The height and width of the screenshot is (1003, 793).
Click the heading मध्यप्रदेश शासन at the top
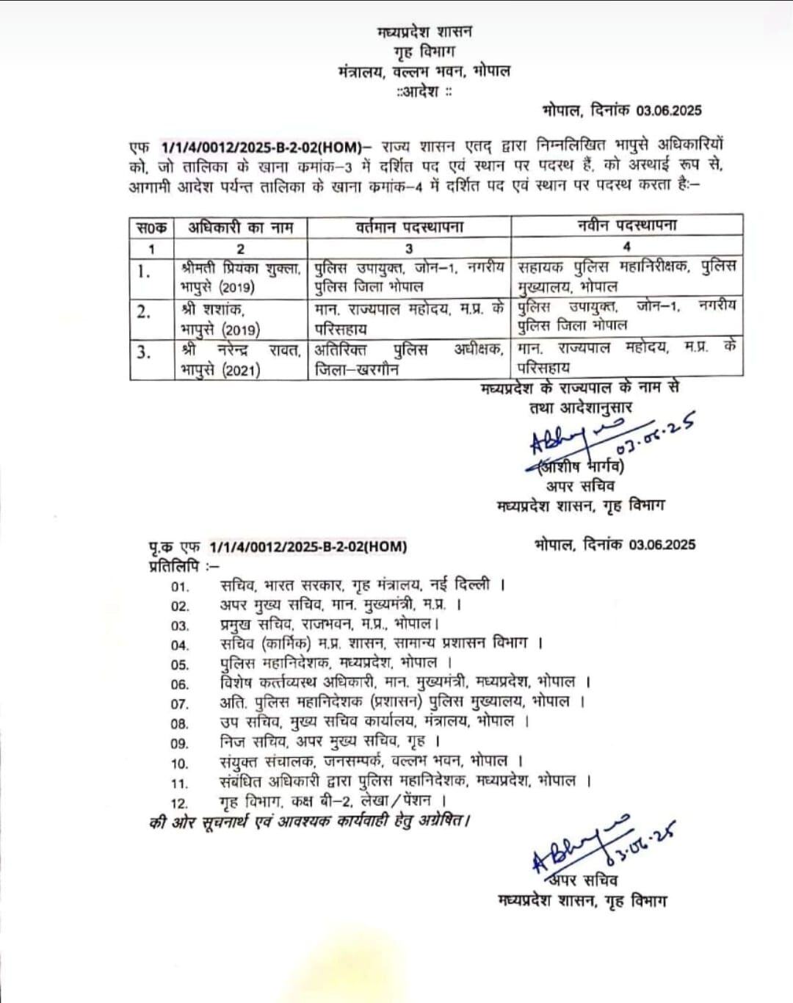(x=424, y=32)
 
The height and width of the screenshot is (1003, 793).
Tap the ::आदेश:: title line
(x=424, y=92)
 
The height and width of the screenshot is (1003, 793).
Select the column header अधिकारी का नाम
(x=240, y=228)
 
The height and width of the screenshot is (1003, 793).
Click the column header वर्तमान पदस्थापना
(x=409, y=228)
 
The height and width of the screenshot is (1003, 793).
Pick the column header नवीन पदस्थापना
(x=627, y=225)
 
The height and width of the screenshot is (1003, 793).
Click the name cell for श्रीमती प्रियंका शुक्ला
(x=240, y=277)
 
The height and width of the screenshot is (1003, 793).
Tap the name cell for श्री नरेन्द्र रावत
(x=240, y=359)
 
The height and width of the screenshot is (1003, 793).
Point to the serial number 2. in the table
(x=143, y=311)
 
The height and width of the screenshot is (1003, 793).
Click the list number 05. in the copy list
(x=180, y=665)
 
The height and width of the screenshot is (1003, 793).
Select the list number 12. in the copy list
(x=180, y=803)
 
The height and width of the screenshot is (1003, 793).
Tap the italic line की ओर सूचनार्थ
(x=308, y=822)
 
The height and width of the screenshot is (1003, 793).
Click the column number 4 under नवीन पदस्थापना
(x=626, y=247)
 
